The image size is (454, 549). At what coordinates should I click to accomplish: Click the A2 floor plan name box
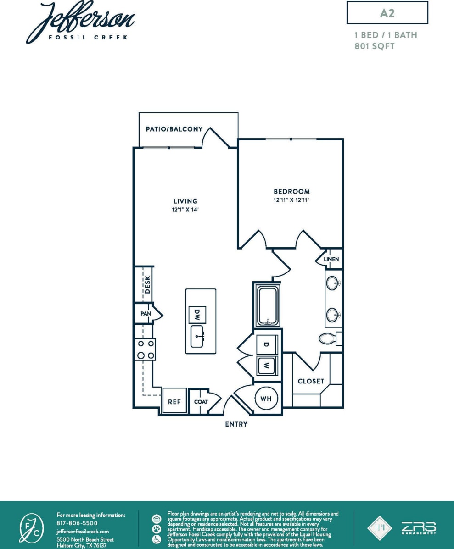pyautogui.click(x=387, y=13)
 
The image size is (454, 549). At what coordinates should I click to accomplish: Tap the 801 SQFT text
pyautogui.click(x=375, y=46)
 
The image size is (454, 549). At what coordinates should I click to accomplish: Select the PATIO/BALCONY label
pyautogui.click(x=174, y=129)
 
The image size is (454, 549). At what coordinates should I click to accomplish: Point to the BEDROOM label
pyautogui.click(x=291, y=191)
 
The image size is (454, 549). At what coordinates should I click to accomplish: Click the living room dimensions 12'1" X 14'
pyautogui.click(x=185, y=210)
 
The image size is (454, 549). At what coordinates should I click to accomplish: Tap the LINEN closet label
pyautogui.click(x=331, y=259)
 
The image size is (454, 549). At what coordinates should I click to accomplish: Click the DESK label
pyautogui.click(x=147, y=284)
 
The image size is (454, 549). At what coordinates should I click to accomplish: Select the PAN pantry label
pyautogui.click(x=146, y=314)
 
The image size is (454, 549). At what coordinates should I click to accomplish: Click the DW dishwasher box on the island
pyautogui.click(x=197, y=315)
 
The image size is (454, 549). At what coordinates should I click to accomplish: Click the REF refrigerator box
pyautogui.click(x=174, y=402)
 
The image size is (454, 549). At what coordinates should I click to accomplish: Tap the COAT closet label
pyautogui.click(x=201, y=402)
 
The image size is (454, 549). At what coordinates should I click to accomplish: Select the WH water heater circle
pyautogui.click(x=266, y=399)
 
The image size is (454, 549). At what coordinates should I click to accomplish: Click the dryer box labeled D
pyautogui.click(x=266, y=344)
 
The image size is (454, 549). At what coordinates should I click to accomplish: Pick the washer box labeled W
pyautogui.click(x=266, y=366)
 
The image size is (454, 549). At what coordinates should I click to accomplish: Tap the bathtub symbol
pyautogui.click(x=267, y=306)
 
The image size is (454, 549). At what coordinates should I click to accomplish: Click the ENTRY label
pyautogui.click(x=236, y=424)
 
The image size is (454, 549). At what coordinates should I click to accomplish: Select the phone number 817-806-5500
pyautogui.click(x=77, y=523)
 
